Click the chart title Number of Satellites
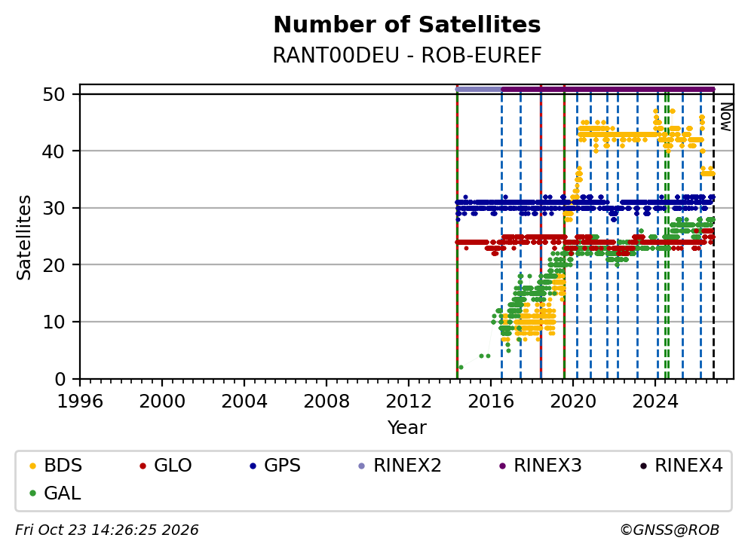pyautogui.click(x=407, y=25)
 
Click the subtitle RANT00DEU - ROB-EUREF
pyautogui.click(x=407, y=55)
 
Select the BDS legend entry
pyautogui.click(x=56, y=466)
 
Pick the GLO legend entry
pyautogui.click(x=166, y=466)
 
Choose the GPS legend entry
pyautogui.click(x=275, y=466)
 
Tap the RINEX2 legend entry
pyautogui.click(x=400, y=466)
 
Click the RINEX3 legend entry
pyautogui.click(x=540, y=466)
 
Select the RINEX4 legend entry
pyautogui.click(x=681, y=466)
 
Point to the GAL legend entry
pyautogui.click(x=55, y=493)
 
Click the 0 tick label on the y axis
pyautogui.click(x=60, y=380)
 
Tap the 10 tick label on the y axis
pyautogui.click(x=54, y=322)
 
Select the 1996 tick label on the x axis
pyautogui.click(x=80, y=402)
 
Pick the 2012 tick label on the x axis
pyautogui.click(x=409, y=402)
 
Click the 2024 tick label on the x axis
pyautogui.click(x=655, y=402)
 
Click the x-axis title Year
pyautogui.click(x=407, y=428)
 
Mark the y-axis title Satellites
pyautogui.click(x=24, y=237)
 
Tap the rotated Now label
pyautogui.click(x=725, y=118)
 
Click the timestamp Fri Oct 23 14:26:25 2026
pyautogui.click(x=107, y=530)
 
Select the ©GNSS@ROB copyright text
pyautogui.click(x=670, y=530)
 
